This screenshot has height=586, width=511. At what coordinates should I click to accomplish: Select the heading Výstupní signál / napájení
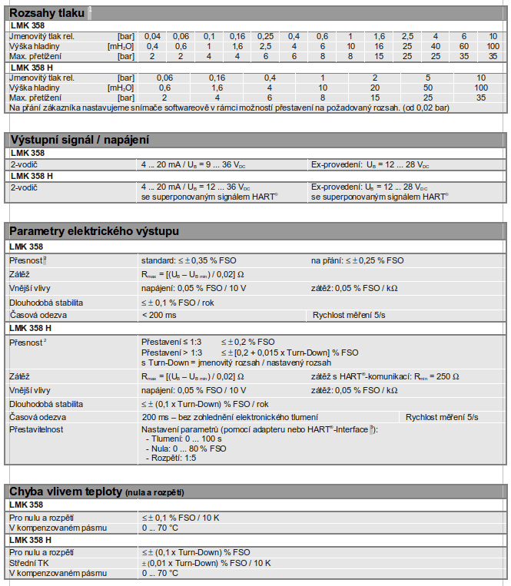(78, 139)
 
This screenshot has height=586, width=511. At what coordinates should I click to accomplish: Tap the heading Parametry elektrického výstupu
(94, 230)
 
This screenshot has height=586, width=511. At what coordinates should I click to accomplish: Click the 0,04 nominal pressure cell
(153, 36)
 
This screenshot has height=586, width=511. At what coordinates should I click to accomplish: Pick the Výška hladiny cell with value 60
(464, 46)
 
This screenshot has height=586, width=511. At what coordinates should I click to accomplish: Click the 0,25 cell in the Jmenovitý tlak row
(265, 36)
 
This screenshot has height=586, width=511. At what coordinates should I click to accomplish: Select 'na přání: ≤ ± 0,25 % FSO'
(357, 260)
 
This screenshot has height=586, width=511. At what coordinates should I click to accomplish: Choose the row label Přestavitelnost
(37, 429)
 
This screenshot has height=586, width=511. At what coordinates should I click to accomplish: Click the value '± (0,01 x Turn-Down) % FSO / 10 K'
(206, 563)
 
